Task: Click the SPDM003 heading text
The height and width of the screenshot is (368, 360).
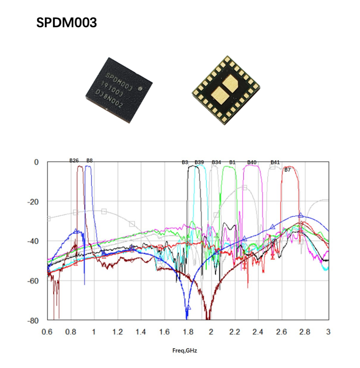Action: tap(66, 23)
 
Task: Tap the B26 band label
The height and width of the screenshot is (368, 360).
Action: tap(74, 160)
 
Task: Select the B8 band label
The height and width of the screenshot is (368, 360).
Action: tap(89, 160)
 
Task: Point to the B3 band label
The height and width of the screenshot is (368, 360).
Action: tap(185, 162)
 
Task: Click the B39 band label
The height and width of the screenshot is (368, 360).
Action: tap(199, 162)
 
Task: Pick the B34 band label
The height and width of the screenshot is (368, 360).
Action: tap(216, 162)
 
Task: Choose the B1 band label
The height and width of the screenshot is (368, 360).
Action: tap(232, 162)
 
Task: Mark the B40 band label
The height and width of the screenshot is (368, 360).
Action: tap(252, 162)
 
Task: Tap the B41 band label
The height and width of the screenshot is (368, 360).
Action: tap(275, 162)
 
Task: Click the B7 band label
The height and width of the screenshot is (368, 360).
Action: tap(287, 170)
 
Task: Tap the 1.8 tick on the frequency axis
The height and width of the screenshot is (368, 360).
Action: tap(187, 332)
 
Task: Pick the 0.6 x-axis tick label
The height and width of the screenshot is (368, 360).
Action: tap(47, 332)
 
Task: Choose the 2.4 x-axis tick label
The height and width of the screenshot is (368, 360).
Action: tap(258, 332)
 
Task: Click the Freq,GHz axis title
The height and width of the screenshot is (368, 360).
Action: tap(184, 351)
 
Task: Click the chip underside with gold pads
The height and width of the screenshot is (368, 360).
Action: tap(225, 90)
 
